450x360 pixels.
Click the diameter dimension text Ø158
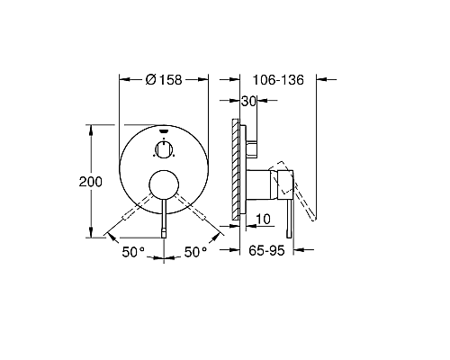(164, 80)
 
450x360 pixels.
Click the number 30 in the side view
(249, 103)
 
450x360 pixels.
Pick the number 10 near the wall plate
(264, 219)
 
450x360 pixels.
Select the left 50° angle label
(133, 254)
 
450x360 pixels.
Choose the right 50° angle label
(196, 254)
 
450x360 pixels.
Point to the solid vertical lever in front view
(164, 220)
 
